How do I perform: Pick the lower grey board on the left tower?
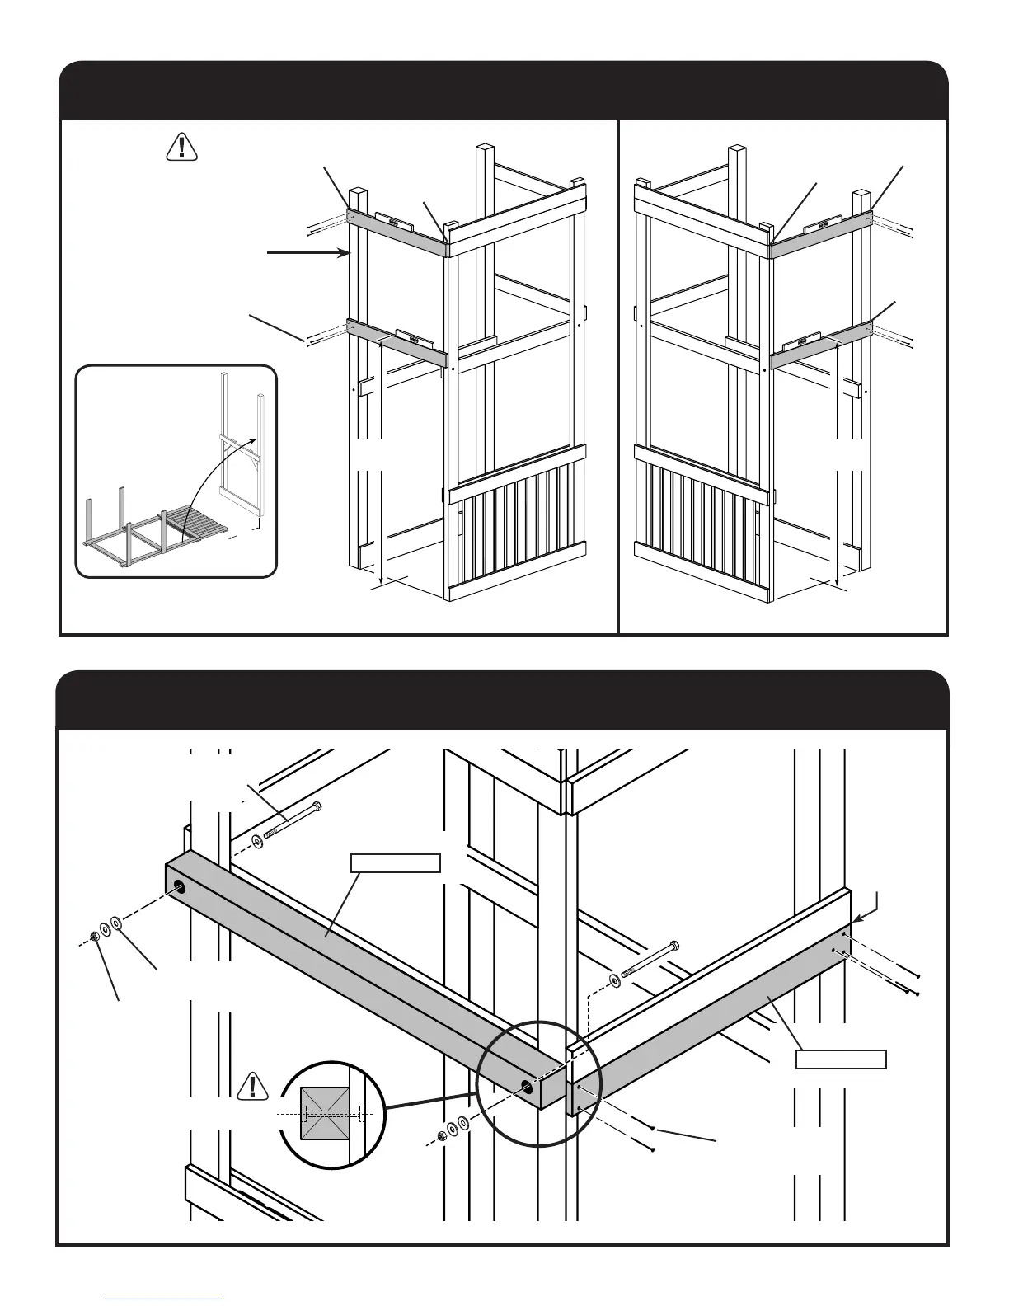396,342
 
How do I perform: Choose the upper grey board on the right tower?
821,230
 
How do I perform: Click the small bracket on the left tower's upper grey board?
394,222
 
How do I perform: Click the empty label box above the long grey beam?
395,863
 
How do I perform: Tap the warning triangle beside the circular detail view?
254,1088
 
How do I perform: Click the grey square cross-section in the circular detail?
327,1113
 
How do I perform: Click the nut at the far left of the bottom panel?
96,937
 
